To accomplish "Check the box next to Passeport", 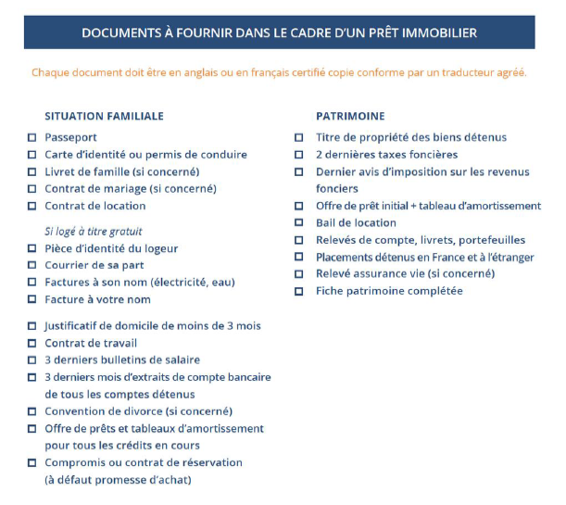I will [x=32, y=138].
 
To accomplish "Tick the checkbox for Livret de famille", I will [x=32, y=172].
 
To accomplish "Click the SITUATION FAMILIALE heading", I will [x=104, y=116].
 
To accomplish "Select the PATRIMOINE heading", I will [x=350, y=116].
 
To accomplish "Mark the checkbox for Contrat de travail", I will [x=32, y=343].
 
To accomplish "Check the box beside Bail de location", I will [x=298, y=223].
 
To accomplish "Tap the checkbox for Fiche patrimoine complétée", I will [x=298, y=292].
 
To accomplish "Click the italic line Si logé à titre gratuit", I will [x=94, y=231].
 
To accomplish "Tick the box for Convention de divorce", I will [x=32, y=411].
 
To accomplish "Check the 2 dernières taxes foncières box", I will [x=298, y=155].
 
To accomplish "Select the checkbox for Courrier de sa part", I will [x=32, y=265].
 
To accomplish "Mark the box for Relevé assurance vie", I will [x=298, y=274].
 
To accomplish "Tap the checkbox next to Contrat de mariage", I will [x=32, y=189].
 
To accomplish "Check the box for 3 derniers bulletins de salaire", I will [x=32, y=360].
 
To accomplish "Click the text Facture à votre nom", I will [x=97, y=299].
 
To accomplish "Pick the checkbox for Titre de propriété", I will [x=298, y=138].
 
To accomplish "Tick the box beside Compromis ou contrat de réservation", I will [x=32, y=462].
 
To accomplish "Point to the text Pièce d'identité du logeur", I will [x=111, y=248].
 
